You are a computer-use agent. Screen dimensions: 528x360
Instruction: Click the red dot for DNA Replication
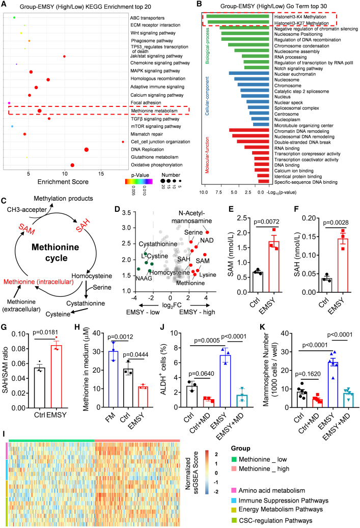click(x=86, y=149)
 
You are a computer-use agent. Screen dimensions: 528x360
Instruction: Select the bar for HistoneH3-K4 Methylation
click(x=237, y=17)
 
